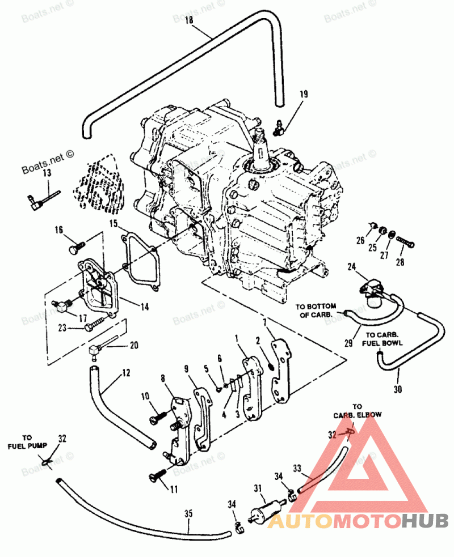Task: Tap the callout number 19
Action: click(303, 95)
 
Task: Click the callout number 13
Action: click(47, 172)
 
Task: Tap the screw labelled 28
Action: click(405, 243)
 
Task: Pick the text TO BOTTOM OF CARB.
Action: click(316, 311)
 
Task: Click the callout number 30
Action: click(397, 389)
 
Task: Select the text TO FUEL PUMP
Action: click(27, 441)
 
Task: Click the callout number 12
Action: click(126, 373)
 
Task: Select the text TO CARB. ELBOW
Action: click(358, 410)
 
